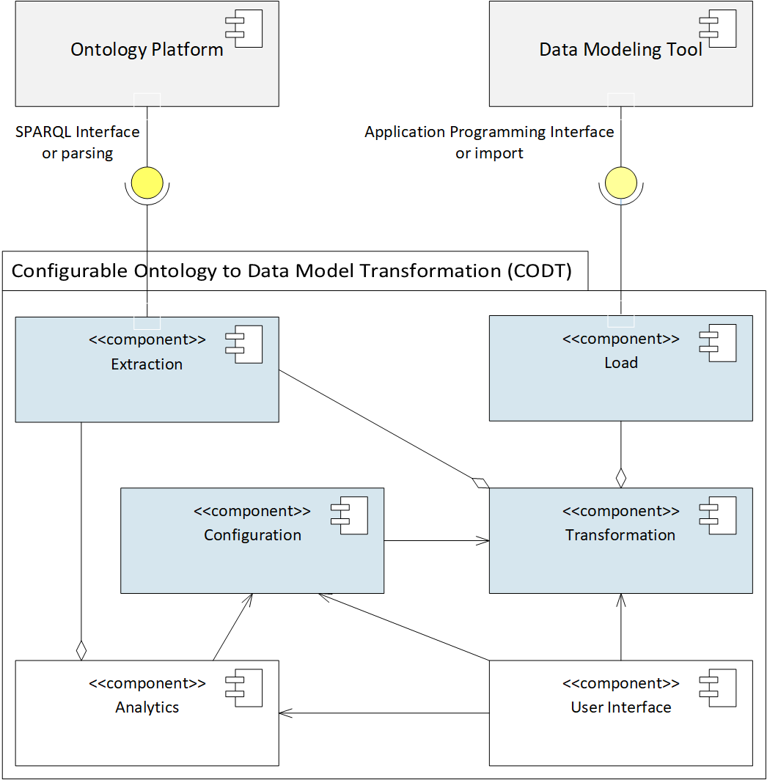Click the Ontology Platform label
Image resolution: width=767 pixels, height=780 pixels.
click(147, 50)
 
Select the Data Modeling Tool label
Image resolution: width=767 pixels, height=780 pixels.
click(620, 50)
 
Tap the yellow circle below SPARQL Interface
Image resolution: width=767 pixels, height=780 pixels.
click(147, 183)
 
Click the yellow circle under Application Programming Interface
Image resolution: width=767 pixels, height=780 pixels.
click(621, 183)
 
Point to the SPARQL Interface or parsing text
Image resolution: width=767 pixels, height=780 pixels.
click(77, 142)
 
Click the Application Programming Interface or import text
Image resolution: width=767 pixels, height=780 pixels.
click(489, 142)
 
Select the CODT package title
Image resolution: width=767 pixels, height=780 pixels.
click(291, 271)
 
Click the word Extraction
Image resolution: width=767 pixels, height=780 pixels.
click(147, 364)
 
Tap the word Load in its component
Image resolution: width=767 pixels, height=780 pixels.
click(621, 363)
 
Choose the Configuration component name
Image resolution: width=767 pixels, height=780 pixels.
click(252, 535)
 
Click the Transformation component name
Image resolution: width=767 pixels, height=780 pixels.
click(620, 535)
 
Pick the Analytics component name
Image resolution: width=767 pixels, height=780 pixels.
click(147, 707)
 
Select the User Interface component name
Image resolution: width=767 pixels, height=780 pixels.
click(621, 707)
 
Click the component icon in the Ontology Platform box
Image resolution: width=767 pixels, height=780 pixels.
click(243, 30)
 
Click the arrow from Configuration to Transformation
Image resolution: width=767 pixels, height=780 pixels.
click(437, 541)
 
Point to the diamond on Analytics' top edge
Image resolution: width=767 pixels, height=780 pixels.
click(81, 650)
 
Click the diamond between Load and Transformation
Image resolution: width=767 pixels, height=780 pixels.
click(621, 478)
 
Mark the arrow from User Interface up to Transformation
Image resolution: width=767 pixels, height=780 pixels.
click(621, 627)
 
